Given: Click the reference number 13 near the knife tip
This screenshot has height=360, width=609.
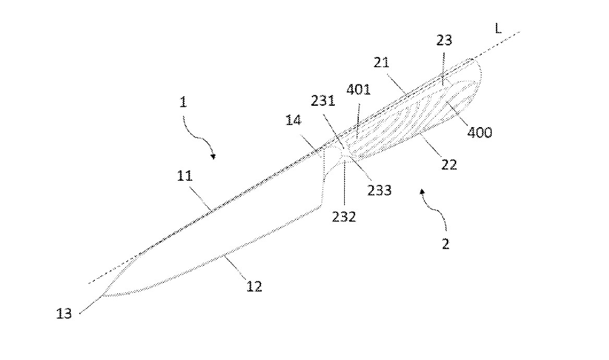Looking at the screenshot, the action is [64, 314].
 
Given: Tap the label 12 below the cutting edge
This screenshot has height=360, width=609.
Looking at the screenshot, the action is [254, 287].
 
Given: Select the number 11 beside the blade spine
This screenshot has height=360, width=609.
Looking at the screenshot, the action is [185, 176].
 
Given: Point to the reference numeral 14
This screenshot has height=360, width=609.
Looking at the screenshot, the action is [293, 120].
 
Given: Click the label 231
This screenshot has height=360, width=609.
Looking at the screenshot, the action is [323, 101].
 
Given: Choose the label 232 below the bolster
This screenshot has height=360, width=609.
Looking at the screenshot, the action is [344, 216].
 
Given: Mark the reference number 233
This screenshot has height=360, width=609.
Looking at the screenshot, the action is [380, 190].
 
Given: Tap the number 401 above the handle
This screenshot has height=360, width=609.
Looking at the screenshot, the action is [358, 90].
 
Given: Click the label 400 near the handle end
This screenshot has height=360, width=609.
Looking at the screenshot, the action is [480, 133].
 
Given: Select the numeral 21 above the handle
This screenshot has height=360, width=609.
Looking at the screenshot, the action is [381, 62].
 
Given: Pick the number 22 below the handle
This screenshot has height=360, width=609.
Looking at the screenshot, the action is [449, 165].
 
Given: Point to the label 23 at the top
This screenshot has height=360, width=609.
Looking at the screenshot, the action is [444, 40].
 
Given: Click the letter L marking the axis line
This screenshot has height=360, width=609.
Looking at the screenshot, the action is [498, 28].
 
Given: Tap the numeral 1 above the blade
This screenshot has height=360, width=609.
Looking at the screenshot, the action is [183, 102].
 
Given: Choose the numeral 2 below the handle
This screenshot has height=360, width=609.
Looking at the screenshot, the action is [445, 244].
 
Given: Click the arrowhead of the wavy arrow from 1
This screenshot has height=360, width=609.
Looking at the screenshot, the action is [213, 157].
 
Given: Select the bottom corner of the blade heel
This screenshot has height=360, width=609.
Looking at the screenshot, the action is [321, 206].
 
